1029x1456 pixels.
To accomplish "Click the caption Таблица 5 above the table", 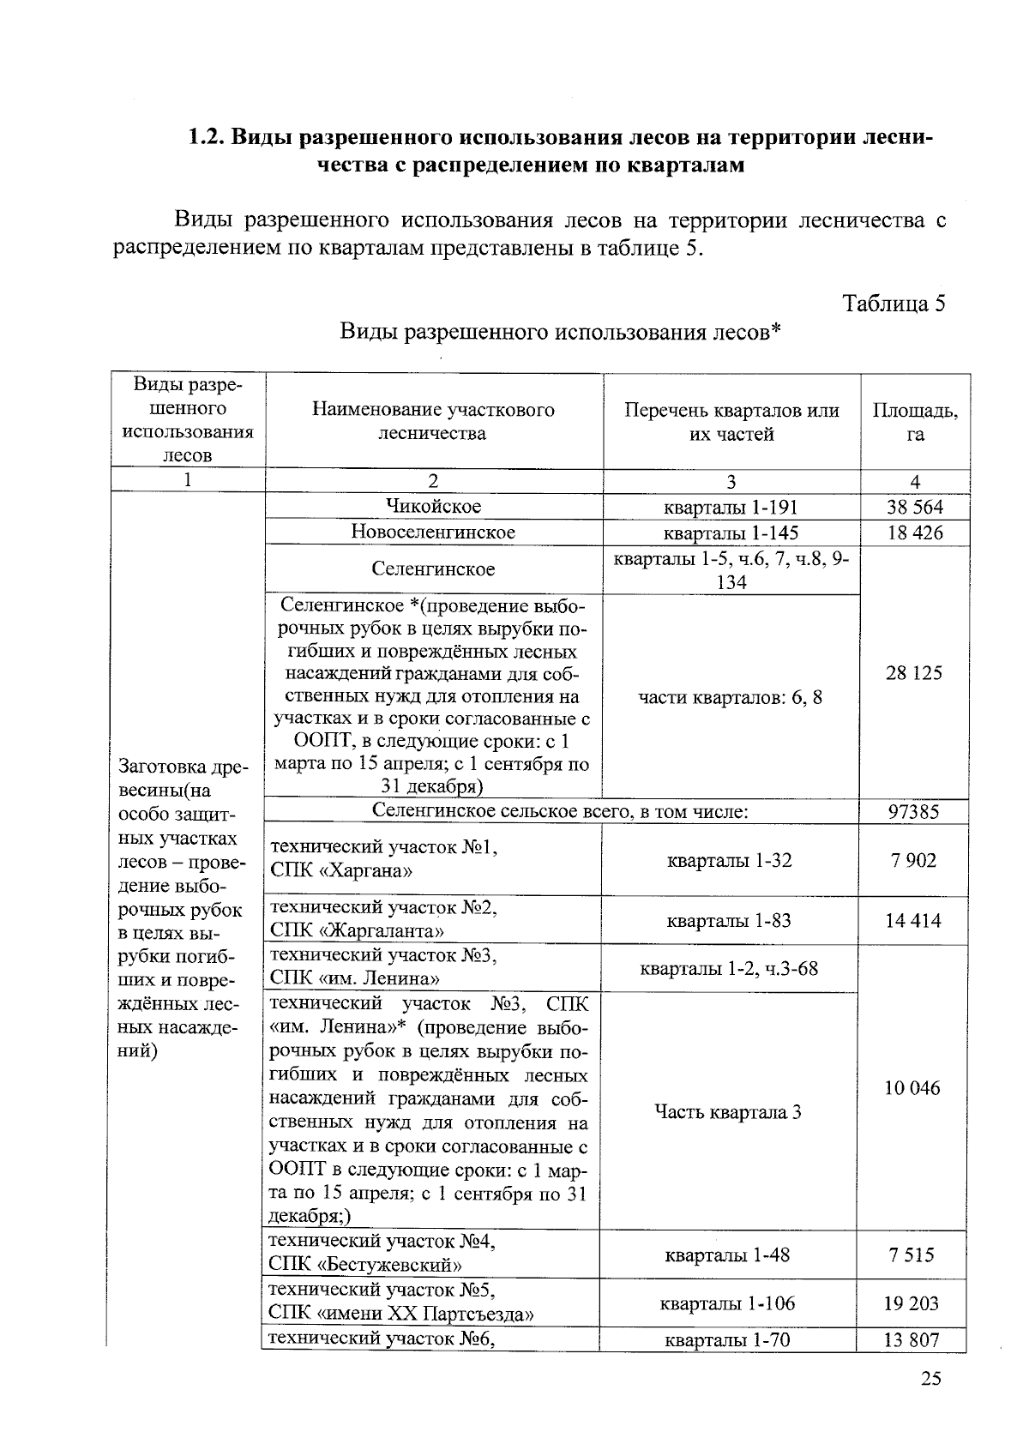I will pyautogui.click(x=894, y=304).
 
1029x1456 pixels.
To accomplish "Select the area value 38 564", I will pyautogui.click(x=914, y=507).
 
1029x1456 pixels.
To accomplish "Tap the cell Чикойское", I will pyautogui.click(x=433, y=506).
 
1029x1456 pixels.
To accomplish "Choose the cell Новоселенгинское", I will pyautogui.click(x=433, y=532).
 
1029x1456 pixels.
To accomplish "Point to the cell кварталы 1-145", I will pyautogui.click(x=731, y=533).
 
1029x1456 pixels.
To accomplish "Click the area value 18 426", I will pyautogui.click(x=914, y=533).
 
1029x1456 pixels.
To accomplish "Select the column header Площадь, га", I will pyautogui.click(x=915, y=422).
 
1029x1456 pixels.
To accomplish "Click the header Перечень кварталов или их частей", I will pyautogui.click(x=731, y=422).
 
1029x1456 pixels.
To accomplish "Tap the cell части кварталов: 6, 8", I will pyautogui.click(x=731, y=697).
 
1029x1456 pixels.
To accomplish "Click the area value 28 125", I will pyautogui.click(x=914, y=673).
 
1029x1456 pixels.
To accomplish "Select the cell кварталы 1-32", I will pyautogui.click(x=729, y=861).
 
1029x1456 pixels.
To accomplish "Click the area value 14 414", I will pyautogui.click(x=912, y=921).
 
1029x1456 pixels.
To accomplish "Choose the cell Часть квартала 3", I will pyautogui.click(x=728, y=1113).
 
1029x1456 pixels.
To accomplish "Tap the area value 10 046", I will pyautogui.click(x=912, y=1088).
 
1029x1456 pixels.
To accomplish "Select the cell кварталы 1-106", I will pyautogui.click(x=727, y=1303).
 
